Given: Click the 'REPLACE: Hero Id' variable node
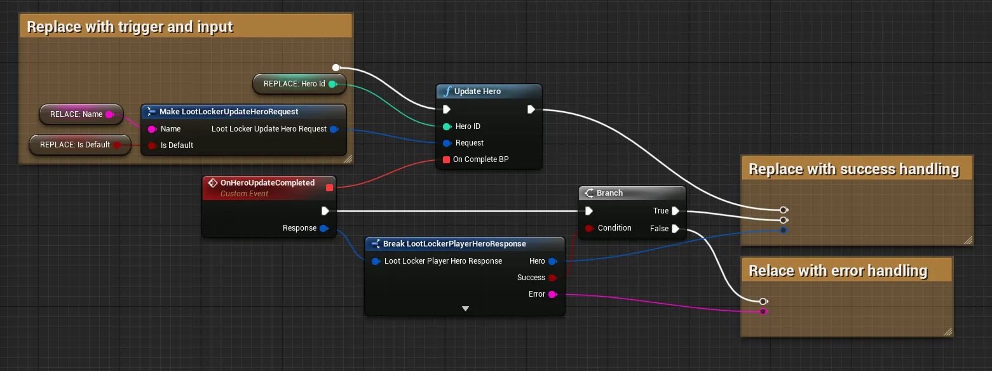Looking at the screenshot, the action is point(299,84).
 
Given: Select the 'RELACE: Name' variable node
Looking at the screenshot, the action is point(81,114).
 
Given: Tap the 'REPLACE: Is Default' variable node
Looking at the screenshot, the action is point(79,145).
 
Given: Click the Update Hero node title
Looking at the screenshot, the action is point(477,91).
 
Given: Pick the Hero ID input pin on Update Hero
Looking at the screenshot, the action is point(447,126).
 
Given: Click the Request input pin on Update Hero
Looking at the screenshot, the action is point(447,143).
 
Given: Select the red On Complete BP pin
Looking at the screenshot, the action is point(446,159).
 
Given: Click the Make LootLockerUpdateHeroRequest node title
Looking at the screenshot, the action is point(229,112).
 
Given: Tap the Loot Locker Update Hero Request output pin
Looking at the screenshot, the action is point(334,129).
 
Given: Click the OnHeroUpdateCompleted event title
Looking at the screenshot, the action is point(268,183).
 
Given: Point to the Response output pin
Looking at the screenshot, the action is point(324,229).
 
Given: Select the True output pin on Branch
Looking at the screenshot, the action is point(676,211).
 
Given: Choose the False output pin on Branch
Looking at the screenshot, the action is point(676,229).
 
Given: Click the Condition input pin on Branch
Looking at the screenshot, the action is point(589,229).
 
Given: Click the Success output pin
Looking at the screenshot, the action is point(552,278).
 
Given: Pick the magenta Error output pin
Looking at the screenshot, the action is point(552,294).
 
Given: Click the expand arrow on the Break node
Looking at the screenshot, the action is point(465,309).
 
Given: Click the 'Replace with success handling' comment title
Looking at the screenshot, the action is point(853,169).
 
